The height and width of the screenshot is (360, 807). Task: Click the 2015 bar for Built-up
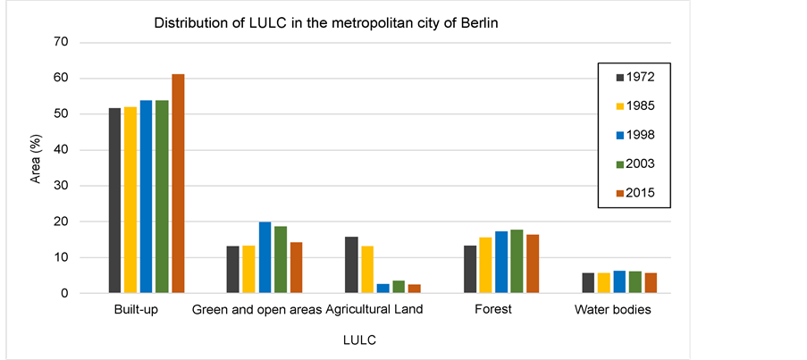click(x=178, y=183)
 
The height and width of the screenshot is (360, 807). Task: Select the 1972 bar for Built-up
click(x=114, y=200)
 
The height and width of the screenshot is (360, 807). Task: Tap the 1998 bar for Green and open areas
click(x=265, y=257)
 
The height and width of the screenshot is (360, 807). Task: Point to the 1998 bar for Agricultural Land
click(x=383, y=288)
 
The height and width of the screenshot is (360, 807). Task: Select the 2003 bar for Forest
click(x=517, y=261)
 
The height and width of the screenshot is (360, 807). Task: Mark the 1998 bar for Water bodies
click(x=620, y=281)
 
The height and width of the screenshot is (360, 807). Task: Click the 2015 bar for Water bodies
click(x=651, y=282)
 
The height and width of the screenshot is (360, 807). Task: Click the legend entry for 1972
click(x=635, y=77)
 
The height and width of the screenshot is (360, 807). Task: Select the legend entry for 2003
click(x=635, y=163)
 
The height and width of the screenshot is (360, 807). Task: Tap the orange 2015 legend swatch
click(x=618, y=193)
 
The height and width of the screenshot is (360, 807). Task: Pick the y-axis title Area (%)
click(x=36, y=168)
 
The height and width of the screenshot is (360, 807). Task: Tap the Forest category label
click(x=493, y=310)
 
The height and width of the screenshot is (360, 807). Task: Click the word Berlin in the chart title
click(x=476, y=21)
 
